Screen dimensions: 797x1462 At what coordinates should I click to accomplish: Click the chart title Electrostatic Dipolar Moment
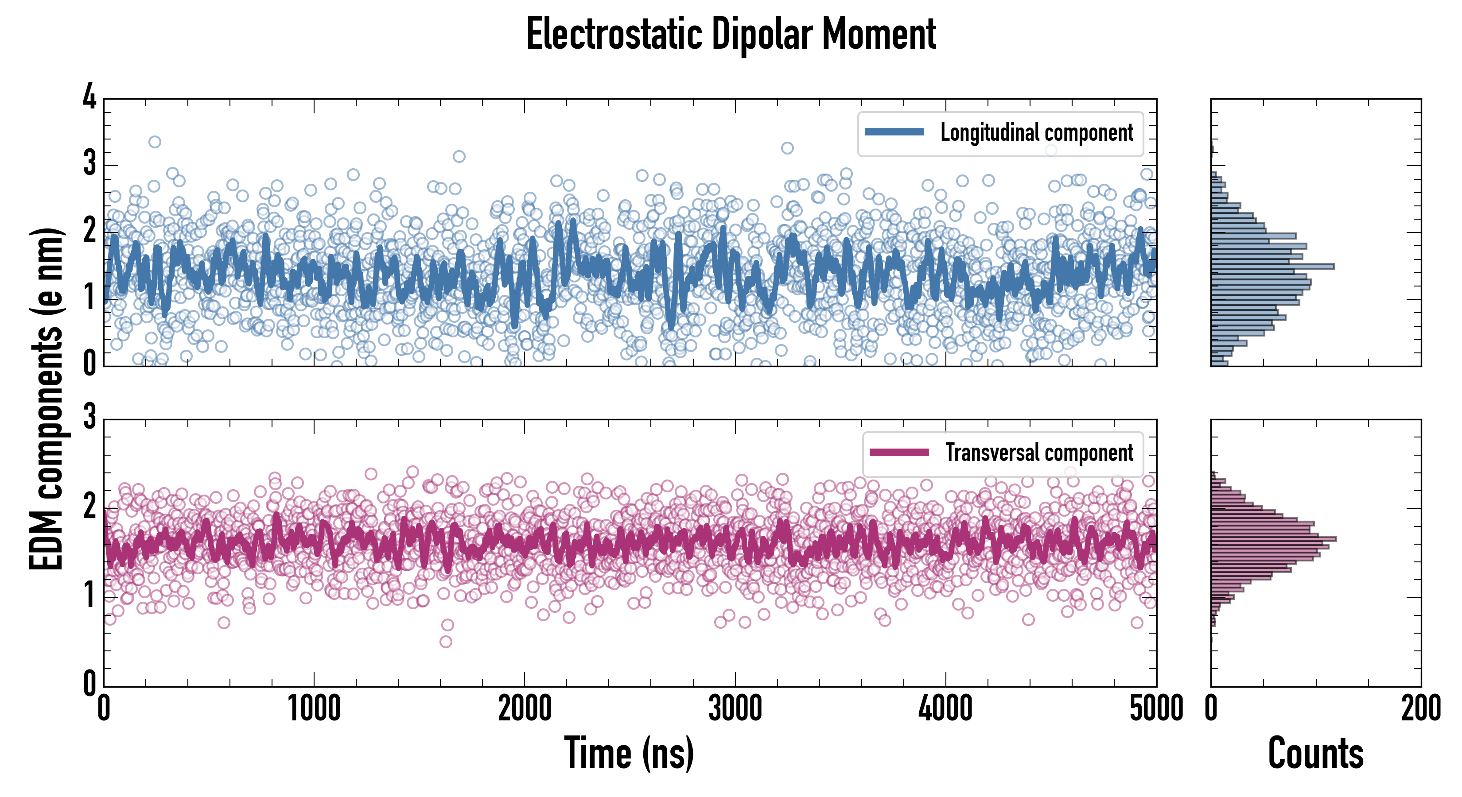(x=731, y=35)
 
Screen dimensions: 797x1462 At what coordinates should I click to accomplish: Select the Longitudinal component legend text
(x=1036, y=133)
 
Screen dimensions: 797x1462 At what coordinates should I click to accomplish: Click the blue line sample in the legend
(x=894, y=132)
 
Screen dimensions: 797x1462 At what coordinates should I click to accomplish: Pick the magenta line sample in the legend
(x=899, y=453)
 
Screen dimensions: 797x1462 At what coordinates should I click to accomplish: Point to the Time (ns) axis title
(x=629, y=753)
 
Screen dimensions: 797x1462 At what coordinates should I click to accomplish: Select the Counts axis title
(x=1315, y=753)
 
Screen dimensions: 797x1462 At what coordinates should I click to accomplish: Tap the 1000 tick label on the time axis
(x=314, y=709)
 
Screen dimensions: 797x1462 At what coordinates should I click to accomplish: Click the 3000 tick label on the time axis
(x=735, y=709)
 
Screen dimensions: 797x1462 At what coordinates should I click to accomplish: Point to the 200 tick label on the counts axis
(x=1420, y=709)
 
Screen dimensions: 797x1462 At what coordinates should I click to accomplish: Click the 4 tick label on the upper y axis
(x=89, y=97)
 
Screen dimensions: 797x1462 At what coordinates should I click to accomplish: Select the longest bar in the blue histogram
(x=1272, y=267)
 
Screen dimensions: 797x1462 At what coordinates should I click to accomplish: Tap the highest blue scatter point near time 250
(x=154, y=142)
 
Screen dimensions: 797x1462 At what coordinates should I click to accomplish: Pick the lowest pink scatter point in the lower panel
(x=446, y=642)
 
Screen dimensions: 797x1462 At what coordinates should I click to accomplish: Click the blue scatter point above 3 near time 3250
(x=787, y=148)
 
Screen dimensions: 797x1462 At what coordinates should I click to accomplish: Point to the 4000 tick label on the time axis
(x=945, y=709)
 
